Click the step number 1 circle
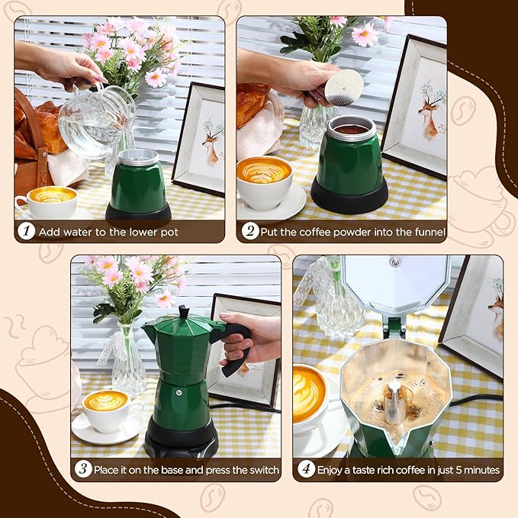[27, 231]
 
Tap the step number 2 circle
[249, 231]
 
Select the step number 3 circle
[84, 469]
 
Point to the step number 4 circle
[306, 469]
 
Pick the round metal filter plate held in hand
[343, 87]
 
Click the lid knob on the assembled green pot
[183, 311]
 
